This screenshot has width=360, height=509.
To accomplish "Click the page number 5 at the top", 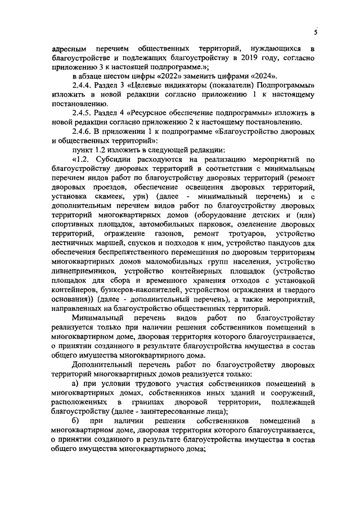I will click(x=316, y=32).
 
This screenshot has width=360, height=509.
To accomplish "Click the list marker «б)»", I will click(x=76, y=420).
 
